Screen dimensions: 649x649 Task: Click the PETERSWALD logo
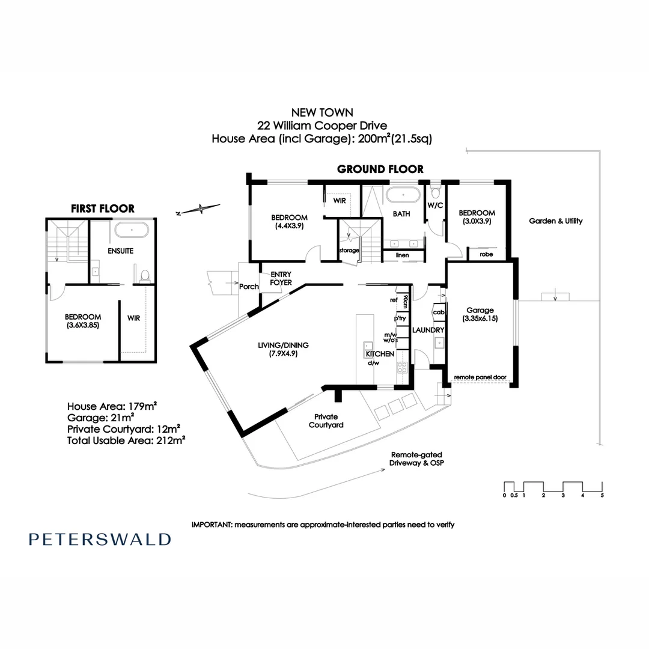99,539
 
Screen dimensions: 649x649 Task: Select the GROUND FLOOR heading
380,169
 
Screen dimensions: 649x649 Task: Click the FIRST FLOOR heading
103,209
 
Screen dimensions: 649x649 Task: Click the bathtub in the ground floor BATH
401,195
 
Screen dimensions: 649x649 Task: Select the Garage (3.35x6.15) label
479,314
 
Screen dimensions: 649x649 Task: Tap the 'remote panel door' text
480,377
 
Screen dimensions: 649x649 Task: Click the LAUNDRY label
428,330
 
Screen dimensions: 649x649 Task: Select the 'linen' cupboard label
402,255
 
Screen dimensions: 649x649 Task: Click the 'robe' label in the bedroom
486,255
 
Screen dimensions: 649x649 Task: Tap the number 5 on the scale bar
602,496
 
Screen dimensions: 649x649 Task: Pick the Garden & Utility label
555,221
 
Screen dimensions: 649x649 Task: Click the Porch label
248,287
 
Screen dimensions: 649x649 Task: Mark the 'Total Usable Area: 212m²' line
126,440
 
